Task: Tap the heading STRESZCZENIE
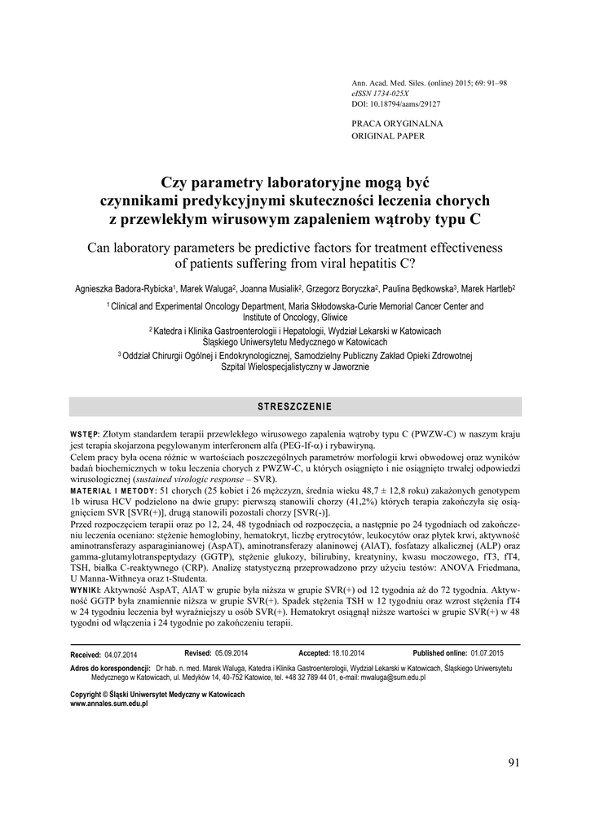(x=295, y=406)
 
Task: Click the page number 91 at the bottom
(x=513, y=762)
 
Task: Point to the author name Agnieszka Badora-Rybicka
(x=122, y=288)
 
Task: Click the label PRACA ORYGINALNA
(x=397, y=124)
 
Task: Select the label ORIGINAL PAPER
(x=388, y=136)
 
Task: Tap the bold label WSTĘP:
(x=86, y=434)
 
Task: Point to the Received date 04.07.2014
(x=121, y=655)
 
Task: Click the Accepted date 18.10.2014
(x=348, y=654)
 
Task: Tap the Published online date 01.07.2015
(x=487, y=654)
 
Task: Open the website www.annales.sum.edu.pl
(x=110, y=704)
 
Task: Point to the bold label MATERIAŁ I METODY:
(x=113, y=492)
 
